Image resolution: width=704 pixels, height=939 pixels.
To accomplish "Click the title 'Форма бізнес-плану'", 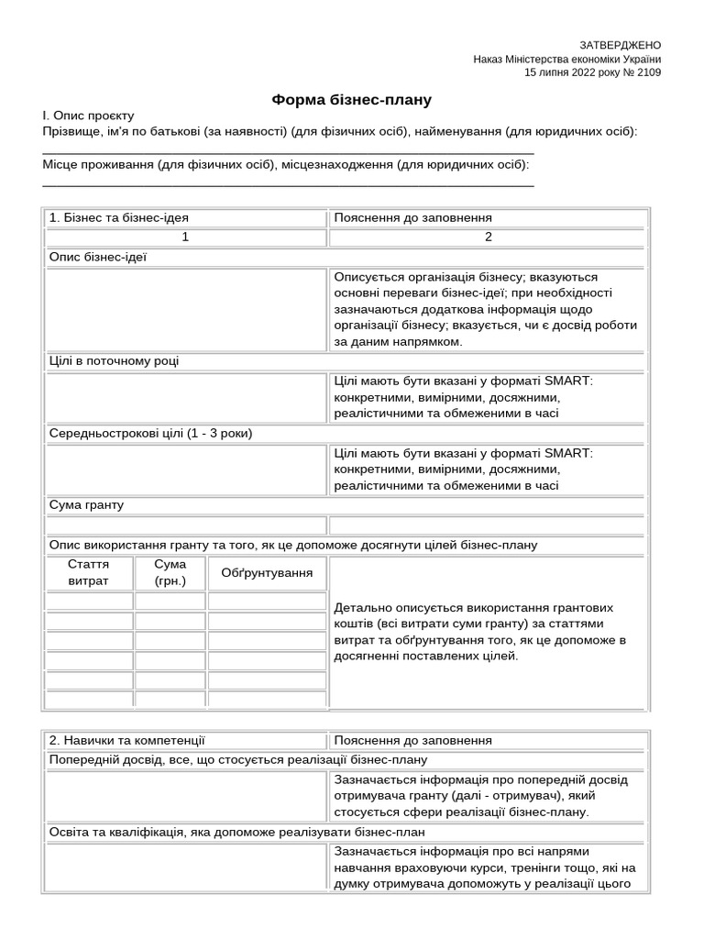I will (351, 99).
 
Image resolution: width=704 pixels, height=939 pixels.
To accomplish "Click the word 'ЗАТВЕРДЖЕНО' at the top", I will (620, 45).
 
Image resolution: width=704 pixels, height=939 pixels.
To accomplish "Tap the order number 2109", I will (648, 72).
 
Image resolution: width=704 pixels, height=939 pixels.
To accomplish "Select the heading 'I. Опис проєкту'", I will (88, 116).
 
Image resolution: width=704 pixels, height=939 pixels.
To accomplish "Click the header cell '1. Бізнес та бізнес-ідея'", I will (119, 218).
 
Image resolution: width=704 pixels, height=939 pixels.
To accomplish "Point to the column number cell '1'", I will (185, 238).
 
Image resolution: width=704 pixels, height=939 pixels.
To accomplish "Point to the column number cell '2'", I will (488, 238).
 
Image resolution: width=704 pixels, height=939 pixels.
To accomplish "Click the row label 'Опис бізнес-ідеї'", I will (98, 257).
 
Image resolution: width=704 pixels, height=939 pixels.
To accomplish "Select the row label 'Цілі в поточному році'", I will (115, 361).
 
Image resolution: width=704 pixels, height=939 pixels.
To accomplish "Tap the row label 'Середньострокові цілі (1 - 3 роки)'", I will (150, 433).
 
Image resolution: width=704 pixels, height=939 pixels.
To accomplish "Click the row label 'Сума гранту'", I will (86, 505).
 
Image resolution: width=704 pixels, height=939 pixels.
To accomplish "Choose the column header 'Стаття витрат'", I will (88, 573).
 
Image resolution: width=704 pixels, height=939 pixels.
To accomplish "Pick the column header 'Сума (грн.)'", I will (170, 573).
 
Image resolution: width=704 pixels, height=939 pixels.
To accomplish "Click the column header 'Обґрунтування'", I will (267, 573).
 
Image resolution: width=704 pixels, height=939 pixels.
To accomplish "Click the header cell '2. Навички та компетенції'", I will (127, 740).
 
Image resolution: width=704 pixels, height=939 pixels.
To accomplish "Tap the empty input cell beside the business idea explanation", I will (185, 309).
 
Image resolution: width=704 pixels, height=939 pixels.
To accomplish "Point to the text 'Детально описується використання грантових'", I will (474, 608).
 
